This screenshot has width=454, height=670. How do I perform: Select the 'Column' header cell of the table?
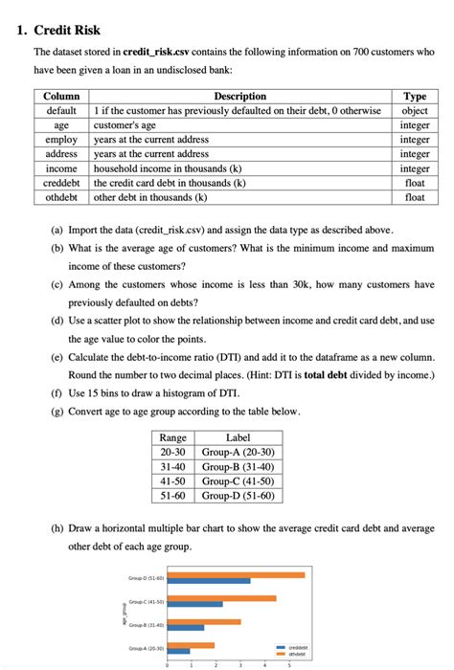[x=61, y=97]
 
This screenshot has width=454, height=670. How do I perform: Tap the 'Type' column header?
[x=415, y=97]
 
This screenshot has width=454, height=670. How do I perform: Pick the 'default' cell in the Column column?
[x=61, y=111]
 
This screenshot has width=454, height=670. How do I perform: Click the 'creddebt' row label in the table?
[x=61, y=183]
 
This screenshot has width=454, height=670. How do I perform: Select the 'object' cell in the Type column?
[x=415, y=111]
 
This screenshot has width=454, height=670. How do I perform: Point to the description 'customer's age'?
[x=127, y=125]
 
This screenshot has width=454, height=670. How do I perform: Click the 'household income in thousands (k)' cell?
[x=170, y=168]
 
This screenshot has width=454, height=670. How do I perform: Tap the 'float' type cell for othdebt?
[x=415, y=197]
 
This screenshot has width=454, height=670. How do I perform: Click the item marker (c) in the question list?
[x=58, y=285]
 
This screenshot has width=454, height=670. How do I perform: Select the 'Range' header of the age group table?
[x=172, y=437]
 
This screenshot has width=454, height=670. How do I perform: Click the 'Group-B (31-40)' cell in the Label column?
[x=238, y=466]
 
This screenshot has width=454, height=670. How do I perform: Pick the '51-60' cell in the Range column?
[x=172, y=495]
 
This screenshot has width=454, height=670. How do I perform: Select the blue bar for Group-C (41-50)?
[x=194, y=604]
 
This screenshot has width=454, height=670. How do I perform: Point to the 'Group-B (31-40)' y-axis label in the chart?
[x=146, y=624]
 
